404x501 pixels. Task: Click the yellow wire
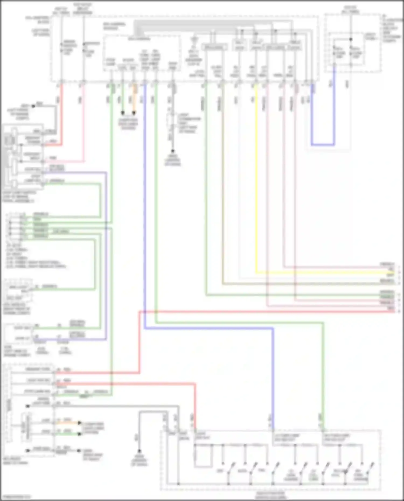point(256,188)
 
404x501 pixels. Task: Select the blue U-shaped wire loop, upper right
point(323,145)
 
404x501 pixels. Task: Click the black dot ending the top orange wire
point(134,113)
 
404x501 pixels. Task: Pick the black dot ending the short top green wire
point(123,113)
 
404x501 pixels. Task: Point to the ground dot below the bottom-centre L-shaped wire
point(139,451)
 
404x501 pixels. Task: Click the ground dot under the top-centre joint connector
point(173,151)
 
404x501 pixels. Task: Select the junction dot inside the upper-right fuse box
point(351,39)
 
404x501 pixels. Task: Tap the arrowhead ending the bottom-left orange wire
point(79,423)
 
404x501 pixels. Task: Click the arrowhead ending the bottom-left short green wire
point(79,434)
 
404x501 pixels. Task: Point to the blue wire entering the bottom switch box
point(273,377)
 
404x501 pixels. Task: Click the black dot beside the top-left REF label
point(33,106)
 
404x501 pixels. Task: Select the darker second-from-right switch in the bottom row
point(347,469)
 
